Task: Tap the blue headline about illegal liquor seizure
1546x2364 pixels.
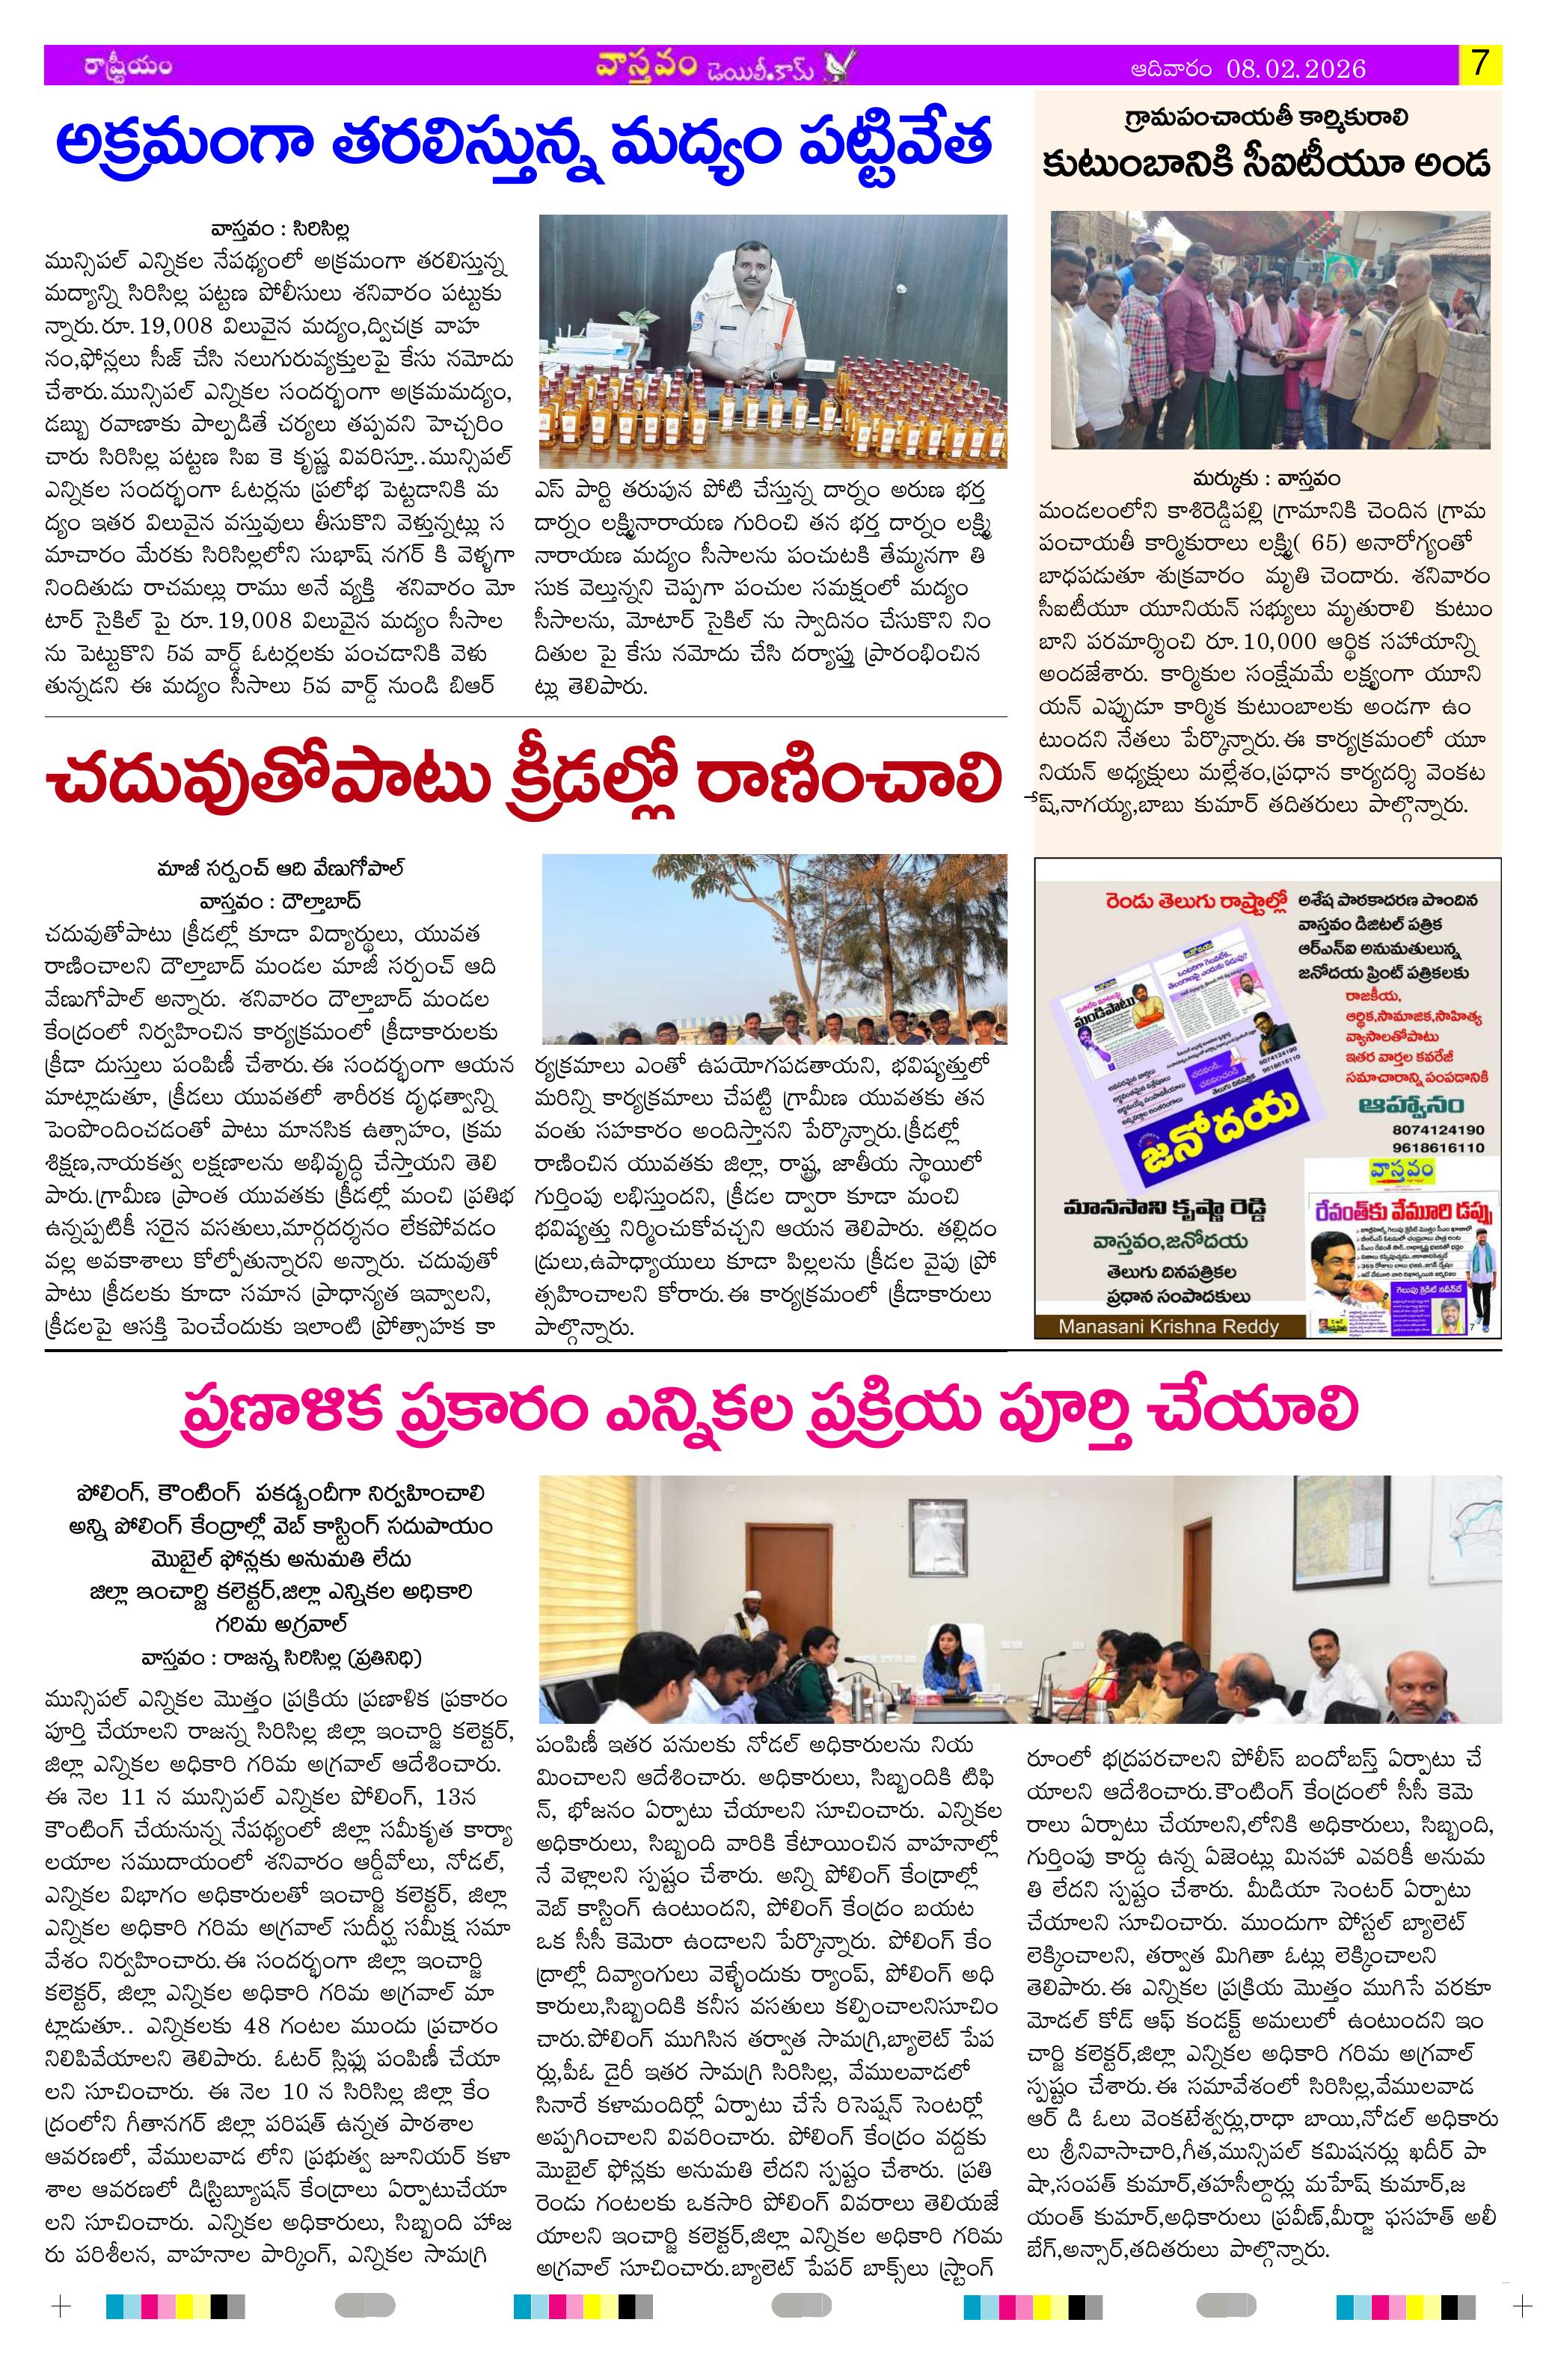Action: click(x=524, y=148)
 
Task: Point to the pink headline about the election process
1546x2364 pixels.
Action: click(x=770, y=1411)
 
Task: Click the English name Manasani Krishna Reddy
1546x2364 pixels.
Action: click(x=1168, y=1326)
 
